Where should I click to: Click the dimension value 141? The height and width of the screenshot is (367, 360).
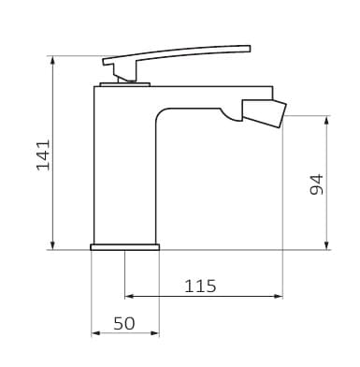(43, 155)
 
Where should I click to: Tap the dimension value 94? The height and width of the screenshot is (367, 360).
(317, 184)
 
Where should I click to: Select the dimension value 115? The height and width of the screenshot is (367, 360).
(200, 286)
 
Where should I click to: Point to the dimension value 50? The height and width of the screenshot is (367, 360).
(124, 323)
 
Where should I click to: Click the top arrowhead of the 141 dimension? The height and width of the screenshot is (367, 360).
(53, 60)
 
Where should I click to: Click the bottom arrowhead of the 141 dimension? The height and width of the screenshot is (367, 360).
(53, 245)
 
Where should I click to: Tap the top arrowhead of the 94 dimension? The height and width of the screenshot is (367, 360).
(326, 120)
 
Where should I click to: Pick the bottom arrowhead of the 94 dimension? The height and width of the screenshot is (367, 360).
(326, 245)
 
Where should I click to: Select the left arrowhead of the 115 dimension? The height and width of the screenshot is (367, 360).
(129, 296)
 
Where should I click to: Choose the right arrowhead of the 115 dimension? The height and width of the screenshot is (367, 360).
(279, 296)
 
